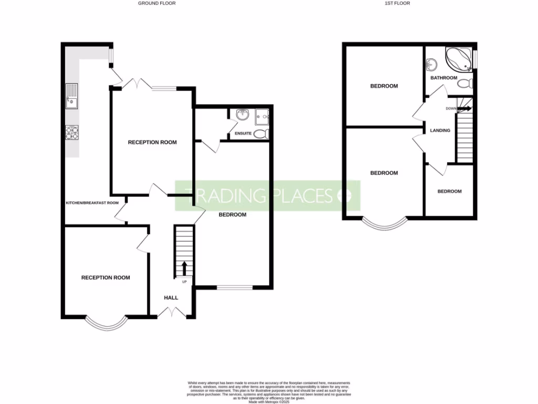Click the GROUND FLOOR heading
(x=157, y=3)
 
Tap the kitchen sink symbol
(x=71, y=96)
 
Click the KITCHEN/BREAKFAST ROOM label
(x=92, y=203)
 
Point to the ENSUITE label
(x=243, y=133)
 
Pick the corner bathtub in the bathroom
(x=458, y=59)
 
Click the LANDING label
(x=440, y=130)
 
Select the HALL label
(x=171, y=298)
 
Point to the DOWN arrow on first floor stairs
(x=463, y=109)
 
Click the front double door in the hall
(x=172, y=312)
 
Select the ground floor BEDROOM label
(x=232, y=215)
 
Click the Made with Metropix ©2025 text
(x=269, y=402)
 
